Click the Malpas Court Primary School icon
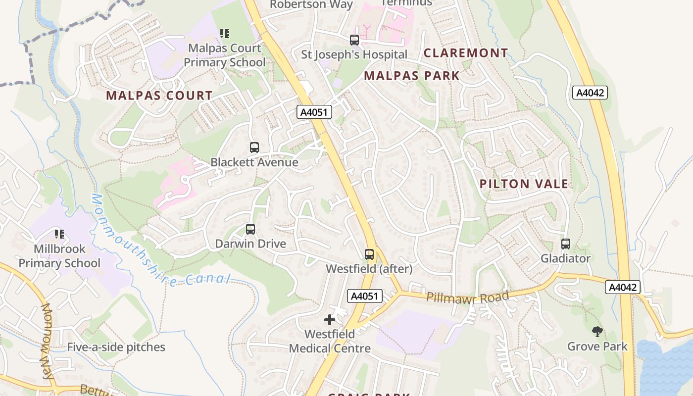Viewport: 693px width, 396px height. click(x=225, y=34)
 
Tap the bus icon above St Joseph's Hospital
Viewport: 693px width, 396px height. click(x=354, y=40)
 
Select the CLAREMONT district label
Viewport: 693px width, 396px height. click(x=465, y=53)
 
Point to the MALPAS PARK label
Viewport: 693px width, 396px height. click(x=412, y=76)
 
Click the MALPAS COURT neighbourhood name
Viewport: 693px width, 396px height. click(x=159, y=96)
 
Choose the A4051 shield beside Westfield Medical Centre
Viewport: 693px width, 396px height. click(x=365, y=296)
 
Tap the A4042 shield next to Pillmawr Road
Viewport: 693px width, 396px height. click(x=622, y=287)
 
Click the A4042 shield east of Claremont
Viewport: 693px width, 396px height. click(x=590, y=93)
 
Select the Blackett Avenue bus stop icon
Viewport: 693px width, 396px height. click(x=254, y=148)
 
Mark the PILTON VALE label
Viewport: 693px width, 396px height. click(x=524, y=184)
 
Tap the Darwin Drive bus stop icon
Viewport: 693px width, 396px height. click(x=250, y=229)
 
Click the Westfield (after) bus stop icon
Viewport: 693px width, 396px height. click(x=369, y=254)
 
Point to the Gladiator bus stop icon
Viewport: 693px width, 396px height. click(x=565, y=244)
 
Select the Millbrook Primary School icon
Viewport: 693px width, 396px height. click(x=59, y=234)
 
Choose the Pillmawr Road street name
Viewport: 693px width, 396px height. click(x=467, y=297)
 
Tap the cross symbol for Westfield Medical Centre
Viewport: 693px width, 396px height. click(x=330, y=320)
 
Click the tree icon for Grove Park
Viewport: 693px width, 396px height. click(x=597, y=332)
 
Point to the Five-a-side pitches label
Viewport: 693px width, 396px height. click(x=116, y=347)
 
